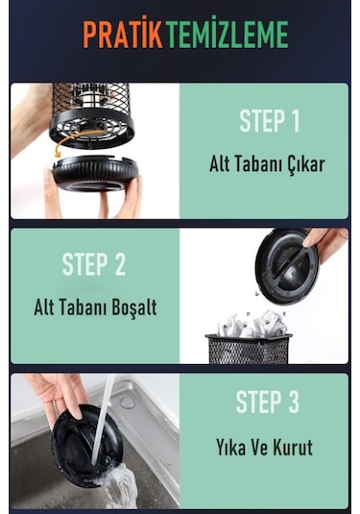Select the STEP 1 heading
point(269,121)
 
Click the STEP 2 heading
point(94,264)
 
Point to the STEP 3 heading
point(267,402)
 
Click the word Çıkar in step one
point(306,163)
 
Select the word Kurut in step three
point(293,447)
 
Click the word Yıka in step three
point(230,447)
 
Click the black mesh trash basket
point(248,349)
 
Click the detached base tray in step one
point(95,174)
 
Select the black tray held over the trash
point(287,266)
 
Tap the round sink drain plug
point(128,403)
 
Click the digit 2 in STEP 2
point(120,264)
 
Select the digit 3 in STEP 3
point(293,402)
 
